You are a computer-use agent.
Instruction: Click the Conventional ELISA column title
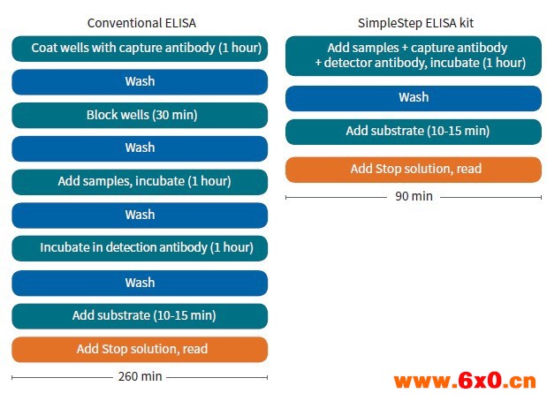coord(141,23)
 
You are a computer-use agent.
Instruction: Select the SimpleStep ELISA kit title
coord(415,23)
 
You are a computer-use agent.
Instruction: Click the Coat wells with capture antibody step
coord(140,49)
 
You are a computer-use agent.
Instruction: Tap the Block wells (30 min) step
coord(140,115)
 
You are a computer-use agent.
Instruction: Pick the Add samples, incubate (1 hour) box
coord(140,182)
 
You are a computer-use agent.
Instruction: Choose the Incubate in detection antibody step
coord(140,248)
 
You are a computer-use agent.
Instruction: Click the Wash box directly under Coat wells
coord(140,82)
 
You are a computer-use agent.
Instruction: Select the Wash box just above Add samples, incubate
coord(140,148)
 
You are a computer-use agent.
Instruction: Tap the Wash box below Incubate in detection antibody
coord(140,283)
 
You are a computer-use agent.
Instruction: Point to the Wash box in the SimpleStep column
coord(414,98)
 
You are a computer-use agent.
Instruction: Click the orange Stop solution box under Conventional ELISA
coord(140,350)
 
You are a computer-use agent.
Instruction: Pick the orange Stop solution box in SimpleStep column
coord(414,170)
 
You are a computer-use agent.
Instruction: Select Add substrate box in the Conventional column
coord(140,316)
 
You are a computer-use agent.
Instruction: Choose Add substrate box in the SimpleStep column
coord(414,132)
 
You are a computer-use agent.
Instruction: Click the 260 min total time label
coord(140,376)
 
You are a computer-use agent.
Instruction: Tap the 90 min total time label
coord(414,196)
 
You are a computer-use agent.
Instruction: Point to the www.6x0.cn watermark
coord(465,381)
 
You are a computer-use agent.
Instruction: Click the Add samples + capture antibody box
coord(414,56)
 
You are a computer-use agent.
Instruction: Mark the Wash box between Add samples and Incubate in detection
coord(140,216)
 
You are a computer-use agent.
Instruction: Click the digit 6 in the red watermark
coord(466,380)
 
